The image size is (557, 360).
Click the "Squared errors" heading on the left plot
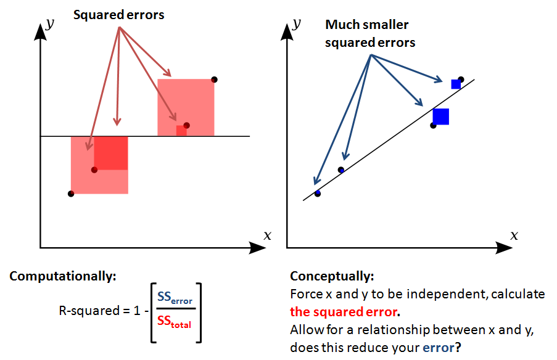point(119,15)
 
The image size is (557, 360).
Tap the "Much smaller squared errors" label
point(370,34)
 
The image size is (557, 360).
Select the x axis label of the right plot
point(514,235)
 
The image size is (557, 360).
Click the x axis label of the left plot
point(267,235)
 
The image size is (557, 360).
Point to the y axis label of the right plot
point(297,23)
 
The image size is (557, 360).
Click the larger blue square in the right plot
point(440,116)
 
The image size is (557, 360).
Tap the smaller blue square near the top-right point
point(456,84)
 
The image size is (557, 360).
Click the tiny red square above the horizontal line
point(181,131)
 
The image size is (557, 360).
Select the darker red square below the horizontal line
point(111,153)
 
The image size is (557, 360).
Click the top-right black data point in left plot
point(214,79)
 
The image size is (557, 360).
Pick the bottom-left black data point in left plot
point(71,194)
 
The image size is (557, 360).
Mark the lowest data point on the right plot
point(318,194)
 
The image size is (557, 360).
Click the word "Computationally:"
point(63,276)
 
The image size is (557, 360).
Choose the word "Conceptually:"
point(332,276)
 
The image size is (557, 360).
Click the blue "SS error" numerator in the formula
point(175,298)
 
